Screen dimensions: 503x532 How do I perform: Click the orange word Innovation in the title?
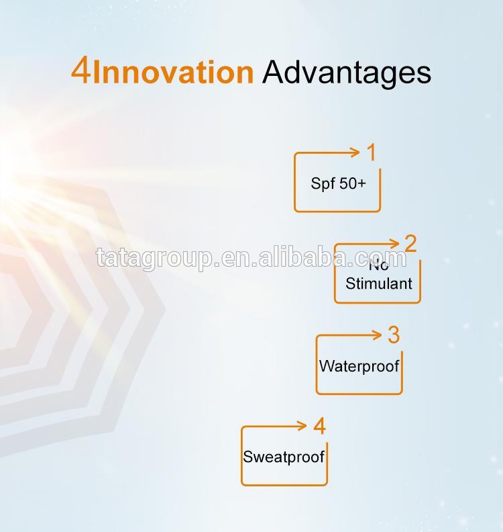(x=173, y=72)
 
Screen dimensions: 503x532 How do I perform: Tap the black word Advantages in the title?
(x=347, y=74)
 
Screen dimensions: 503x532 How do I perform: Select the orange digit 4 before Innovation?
(x=80, y=71)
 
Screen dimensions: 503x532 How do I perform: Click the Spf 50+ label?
(x=339, y=183)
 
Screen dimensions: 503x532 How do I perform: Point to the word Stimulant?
(x=379, y=283)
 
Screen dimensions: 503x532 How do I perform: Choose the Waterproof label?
(x=359, y=366)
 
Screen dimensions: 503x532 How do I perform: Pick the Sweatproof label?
(x=284, y=457)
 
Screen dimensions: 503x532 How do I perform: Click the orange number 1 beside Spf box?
(x=372, y=152)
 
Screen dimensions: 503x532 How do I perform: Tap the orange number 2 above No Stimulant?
(x=410, y=243)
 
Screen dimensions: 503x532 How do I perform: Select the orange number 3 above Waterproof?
(x=394, y=335)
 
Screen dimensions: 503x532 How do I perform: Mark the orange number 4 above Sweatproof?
(x=319, y=426)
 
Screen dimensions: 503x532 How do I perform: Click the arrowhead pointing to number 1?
(x=355, y=152)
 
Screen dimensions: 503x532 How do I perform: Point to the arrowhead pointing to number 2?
(x=395, y=243)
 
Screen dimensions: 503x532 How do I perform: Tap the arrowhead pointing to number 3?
(x=378, y=335)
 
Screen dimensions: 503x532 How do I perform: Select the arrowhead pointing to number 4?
(x=302, y=426)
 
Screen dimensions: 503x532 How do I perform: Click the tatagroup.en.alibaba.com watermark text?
(x=251, y=258)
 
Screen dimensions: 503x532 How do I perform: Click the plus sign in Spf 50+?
(x=361, y=184)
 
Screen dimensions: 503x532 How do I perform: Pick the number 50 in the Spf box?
(x=347, y=183)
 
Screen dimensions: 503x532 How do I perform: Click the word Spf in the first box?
(x=323, y=184)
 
